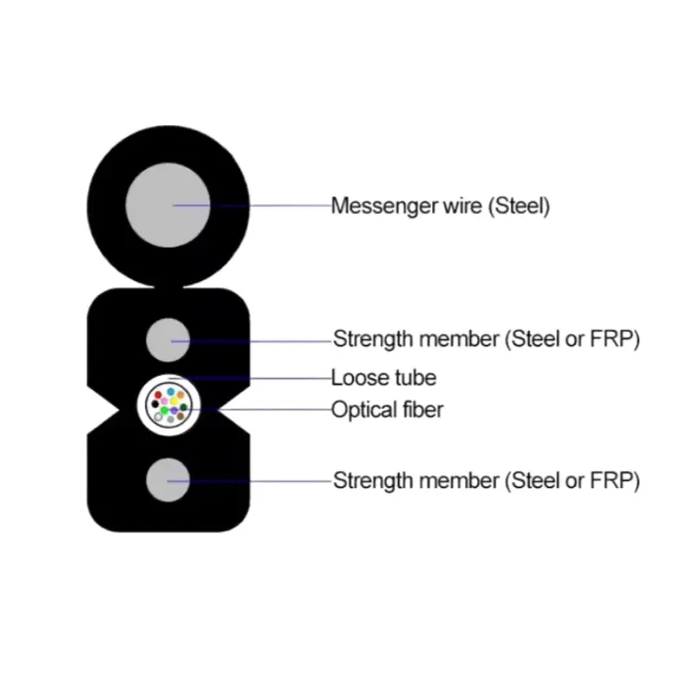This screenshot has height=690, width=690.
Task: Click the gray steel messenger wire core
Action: (167, 205)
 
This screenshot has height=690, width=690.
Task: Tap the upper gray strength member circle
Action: (167, 340)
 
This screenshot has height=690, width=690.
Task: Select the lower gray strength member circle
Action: (167, 480)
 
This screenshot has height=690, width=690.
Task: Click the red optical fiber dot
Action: (158, 395)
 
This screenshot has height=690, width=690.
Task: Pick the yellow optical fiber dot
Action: (174, 401)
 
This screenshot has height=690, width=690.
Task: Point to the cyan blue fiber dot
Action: (170, 392)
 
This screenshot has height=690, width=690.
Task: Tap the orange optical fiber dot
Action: (180, 395)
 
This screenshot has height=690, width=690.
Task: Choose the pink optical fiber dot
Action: (164, 401)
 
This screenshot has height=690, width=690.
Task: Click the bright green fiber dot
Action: (164, 411)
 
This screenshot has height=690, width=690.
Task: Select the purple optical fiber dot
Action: (174, 411)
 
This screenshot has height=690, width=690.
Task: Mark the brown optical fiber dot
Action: (180, 417)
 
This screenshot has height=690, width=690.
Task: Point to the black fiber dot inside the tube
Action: (154, 405)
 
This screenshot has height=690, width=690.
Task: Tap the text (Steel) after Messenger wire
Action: (519, 205)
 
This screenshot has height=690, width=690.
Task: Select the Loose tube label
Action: (383, 378)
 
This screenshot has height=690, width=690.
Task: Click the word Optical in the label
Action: (364, 411)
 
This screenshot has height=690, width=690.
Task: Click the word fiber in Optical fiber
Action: (423, 409)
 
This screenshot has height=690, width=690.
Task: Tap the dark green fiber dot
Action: (184, 407)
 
